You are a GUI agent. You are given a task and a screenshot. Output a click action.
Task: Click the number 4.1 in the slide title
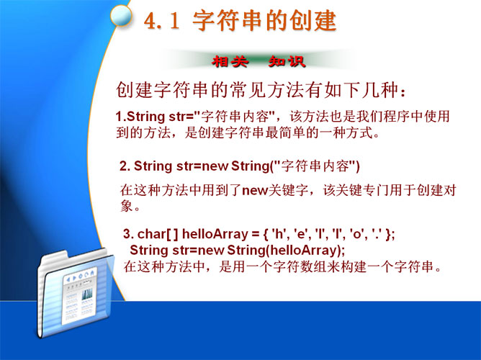pos(161,21)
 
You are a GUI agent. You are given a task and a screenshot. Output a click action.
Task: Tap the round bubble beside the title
pos(121,15)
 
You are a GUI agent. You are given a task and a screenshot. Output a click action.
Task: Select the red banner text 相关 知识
pos(259,62)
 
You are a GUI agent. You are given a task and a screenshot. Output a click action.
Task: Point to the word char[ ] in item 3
pos(158,234)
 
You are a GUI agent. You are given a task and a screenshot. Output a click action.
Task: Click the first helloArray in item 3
pos(215,234)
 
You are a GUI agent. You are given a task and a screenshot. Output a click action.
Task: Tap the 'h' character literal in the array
pos(279,234)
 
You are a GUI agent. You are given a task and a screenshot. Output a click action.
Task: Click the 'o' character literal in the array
pos(356,234)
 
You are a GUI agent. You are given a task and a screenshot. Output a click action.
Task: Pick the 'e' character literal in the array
pos(301,234)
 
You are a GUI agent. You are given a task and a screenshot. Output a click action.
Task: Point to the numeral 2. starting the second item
pos(125,166)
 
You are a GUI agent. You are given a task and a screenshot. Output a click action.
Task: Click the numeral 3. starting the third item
pos(129,234)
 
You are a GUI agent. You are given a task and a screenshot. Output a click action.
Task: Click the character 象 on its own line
pos(127,206)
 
